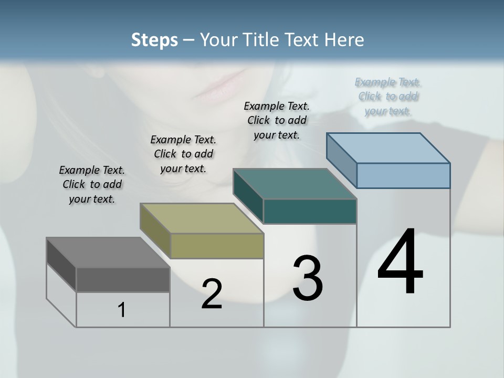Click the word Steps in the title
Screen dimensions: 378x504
154,40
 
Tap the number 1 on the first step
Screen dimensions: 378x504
122,310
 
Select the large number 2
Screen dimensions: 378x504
212,295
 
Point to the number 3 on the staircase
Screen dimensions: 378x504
308,278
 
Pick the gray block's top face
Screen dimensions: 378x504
108,253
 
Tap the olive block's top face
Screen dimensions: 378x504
202,218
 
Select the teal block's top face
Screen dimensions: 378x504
295,184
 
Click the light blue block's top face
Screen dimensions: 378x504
388,148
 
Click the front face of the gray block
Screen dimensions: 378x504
123,280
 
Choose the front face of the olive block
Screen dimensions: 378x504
217,246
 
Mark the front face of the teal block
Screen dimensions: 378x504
310,212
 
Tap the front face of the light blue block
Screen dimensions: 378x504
403,175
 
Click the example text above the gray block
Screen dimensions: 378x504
92,184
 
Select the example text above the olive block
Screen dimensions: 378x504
183,154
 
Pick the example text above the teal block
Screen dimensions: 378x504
277,120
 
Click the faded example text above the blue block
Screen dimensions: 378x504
388,96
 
